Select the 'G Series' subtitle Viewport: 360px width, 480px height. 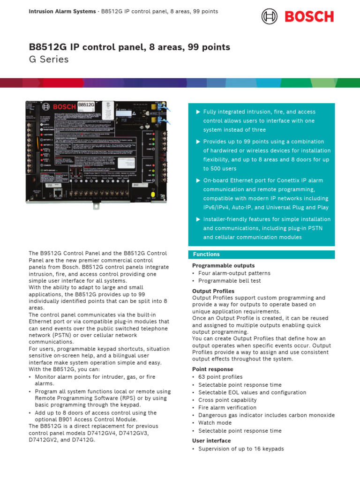pyautogui.click(x=49, y=60)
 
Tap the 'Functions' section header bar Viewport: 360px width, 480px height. pyautogui.click(x=262, y=255)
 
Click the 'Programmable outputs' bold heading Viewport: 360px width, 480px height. pyautogui.click(x=223, y=266)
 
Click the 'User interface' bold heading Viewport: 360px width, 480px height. pyautogui.click(x=211, y=441)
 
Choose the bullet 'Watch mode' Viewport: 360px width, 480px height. pyautogui.click(x=215, y=423)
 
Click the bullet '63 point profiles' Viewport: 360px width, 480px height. pyautogui.click(x=220, y=377)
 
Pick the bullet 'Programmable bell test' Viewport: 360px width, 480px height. pyautogui.click(x=229, y=281)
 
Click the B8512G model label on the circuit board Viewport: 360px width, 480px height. pyautogui.click(x=86, y=105)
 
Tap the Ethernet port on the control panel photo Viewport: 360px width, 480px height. pyautogui.click(x=57, y=193)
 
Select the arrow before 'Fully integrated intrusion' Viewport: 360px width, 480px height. pyautogui.click(x=198, y=112)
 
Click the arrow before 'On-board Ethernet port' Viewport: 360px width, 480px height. pyautogui.click(x=198, y=180)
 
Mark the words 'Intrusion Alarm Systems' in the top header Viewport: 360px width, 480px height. pyautogui.click(x=60, y=11)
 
